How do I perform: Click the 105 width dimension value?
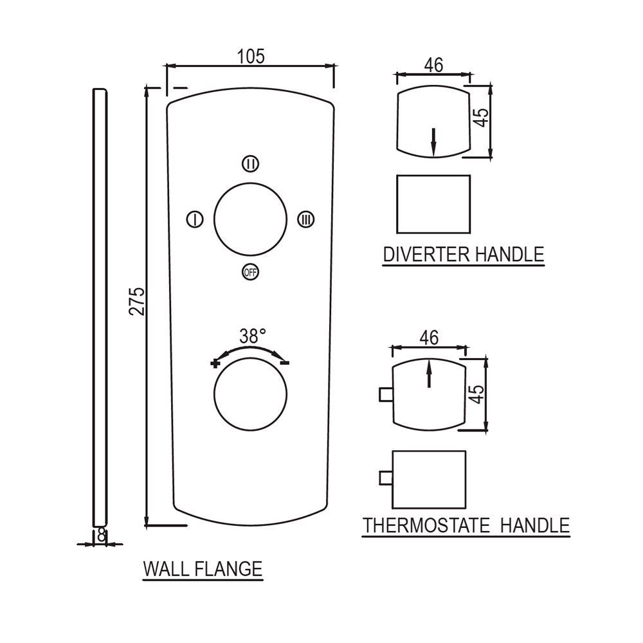(251, 56)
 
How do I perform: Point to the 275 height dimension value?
(136, 301)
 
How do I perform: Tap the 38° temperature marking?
(253, 336)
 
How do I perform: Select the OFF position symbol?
(250, 272)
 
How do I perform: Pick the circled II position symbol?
(251, 164)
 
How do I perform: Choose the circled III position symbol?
(307, 220)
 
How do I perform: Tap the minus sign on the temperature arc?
(285, 363)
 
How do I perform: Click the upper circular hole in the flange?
(250, 219)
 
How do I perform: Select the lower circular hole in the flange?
(250, 397)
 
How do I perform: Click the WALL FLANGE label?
(203, 569)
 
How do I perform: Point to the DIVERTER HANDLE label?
(464, 254)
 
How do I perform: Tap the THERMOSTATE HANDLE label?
(467, 525)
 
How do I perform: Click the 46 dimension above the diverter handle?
(434, 65)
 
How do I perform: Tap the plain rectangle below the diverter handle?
(434, 204)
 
